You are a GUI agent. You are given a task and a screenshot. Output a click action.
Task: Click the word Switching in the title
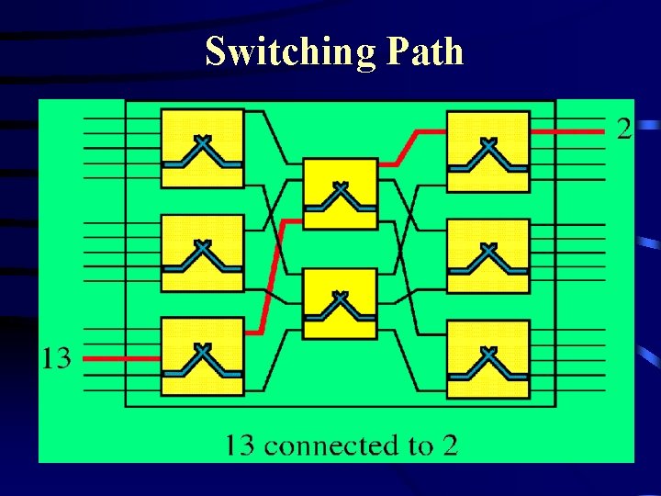click(x=290, y=51)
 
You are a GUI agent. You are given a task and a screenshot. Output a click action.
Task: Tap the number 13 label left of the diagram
click(x=56, y=357)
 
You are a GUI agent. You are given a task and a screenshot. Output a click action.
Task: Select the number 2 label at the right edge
click(x=624, y=130)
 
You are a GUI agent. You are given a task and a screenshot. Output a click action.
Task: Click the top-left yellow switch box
click(x=202, y=149)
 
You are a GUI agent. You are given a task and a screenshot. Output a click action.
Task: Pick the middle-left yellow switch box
click(x=202, y=254)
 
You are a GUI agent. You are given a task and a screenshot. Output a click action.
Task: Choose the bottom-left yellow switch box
click(x=202, y=356)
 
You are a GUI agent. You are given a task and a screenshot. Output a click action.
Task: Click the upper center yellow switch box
click(x=340, y=194)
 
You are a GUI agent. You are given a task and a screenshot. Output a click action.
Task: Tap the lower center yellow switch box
click(x=340, y=303)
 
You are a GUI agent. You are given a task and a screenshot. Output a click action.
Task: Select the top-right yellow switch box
click(x=487, y=152)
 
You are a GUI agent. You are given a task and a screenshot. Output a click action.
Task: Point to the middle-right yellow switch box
click(x=487, y=255)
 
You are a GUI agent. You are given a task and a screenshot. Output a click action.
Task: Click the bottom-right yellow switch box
click(x=487, y=358)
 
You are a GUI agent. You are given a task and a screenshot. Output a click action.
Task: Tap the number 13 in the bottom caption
click(x=241, y=446)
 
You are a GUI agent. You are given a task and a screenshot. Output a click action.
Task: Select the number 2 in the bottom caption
click(x=449, y=446)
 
